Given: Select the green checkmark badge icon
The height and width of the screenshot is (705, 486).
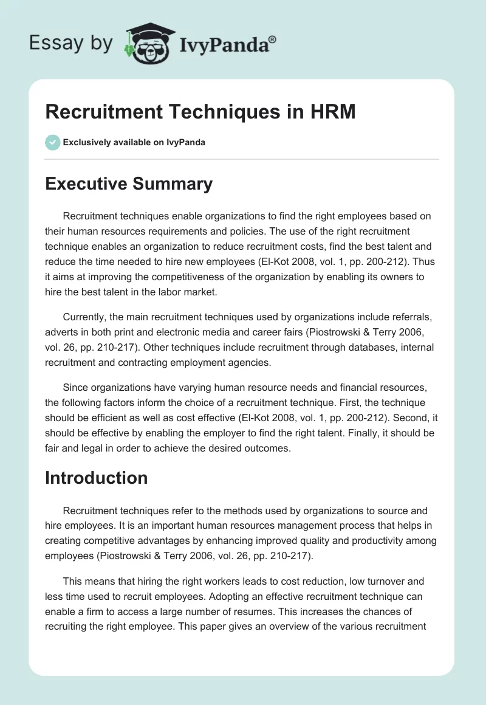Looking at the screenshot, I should [52, 142].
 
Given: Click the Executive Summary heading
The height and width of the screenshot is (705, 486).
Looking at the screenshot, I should [129, 184].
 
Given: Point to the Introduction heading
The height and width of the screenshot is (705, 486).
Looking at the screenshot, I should [96, 478].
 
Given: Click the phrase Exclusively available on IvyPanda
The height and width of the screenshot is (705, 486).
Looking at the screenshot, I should [134, 142].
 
